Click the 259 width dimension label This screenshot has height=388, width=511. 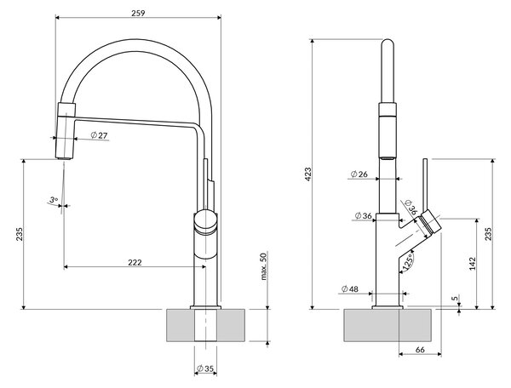point(138,13)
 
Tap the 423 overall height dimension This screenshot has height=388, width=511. point(308,174)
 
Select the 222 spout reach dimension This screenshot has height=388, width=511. point(135,262)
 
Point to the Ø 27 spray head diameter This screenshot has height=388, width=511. point(99,135)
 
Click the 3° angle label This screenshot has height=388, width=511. point(54,199)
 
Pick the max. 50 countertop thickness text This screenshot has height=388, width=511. point(264,266)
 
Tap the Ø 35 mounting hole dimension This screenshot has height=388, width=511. point(205,368)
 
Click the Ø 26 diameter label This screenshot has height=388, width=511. point(359,174)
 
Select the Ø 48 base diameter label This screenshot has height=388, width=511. point(350,288)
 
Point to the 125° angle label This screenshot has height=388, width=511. point(407,262)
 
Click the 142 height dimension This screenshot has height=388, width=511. point(473,264)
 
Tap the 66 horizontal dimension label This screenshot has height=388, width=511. point(421,350)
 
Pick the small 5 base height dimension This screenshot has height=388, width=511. point(456,298)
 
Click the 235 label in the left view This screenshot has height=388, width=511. point(20,234)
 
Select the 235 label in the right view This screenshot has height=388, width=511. point(488,234)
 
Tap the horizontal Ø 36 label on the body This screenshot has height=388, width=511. point(364,215)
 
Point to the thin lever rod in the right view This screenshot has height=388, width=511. point(425,185)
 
